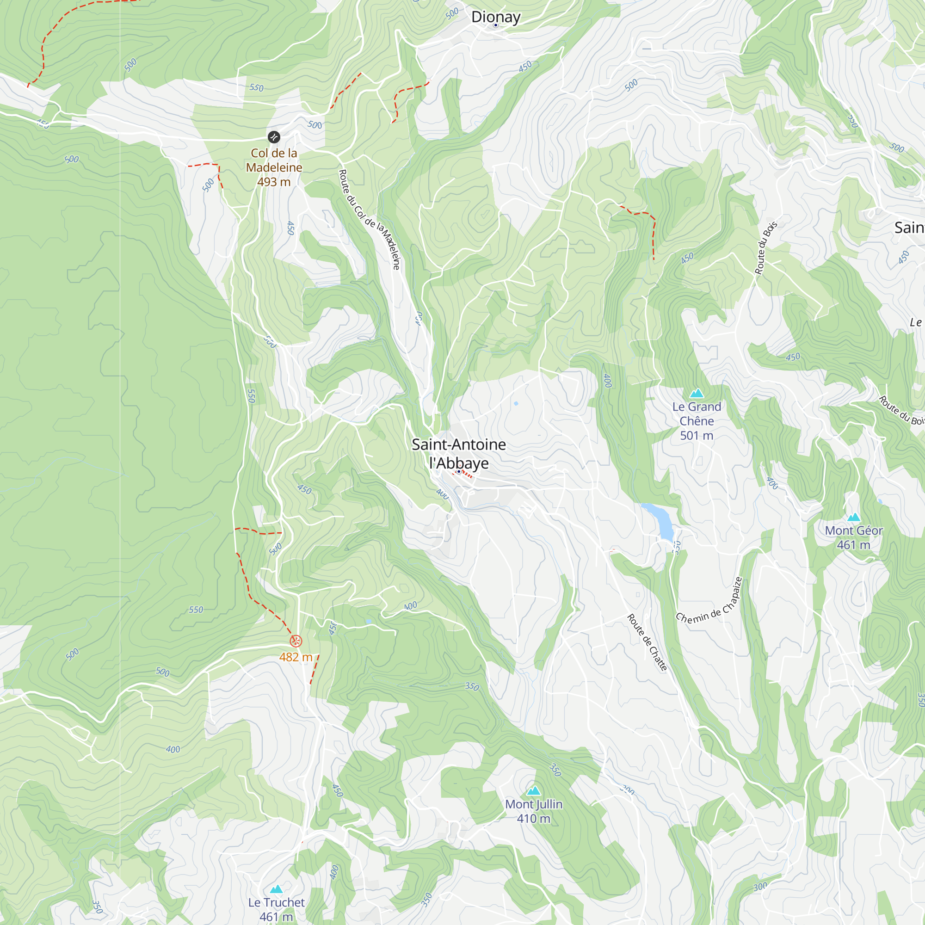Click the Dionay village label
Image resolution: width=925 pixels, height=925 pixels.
(495, 17)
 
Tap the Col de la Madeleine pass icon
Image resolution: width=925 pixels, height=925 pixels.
(274, 137)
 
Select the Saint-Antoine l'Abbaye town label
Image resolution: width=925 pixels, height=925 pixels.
(459, 453)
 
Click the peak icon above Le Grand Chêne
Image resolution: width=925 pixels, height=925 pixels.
(697, 393)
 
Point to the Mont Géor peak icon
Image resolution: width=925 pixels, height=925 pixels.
(854, 517)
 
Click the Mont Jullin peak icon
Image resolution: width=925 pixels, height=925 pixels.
(533, 790)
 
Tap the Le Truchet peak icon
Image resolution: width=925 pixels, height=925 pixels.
(276, 889)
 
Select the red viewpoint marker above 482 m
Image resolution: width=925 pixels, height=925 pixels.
(296, 641)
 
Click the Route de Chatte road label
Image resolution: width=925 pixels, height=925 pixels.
(647, 642)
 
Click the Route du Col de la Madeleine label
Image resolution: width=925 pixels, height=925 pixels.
(369, 219)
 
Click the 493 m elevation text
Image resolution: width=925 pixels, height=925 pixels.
(274, 182)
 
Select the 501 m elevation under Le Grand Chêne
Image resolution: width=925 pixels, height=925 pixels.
(697, 436)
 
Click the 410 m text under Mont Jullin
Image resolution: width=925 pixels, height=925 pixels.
(533, 819)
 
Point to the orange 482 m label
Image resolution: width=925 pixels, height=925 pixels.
(296, 657)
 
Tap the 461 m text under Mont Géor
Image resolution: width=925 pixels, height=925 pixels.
(854, 545)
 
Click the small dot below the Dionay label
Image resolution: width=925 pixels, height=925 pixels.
(495, 25)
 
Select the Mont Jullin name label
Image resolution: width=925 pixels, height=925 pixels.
(533, 804)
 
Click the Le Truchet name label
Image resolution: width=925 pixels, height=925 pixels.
(276, 902)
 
